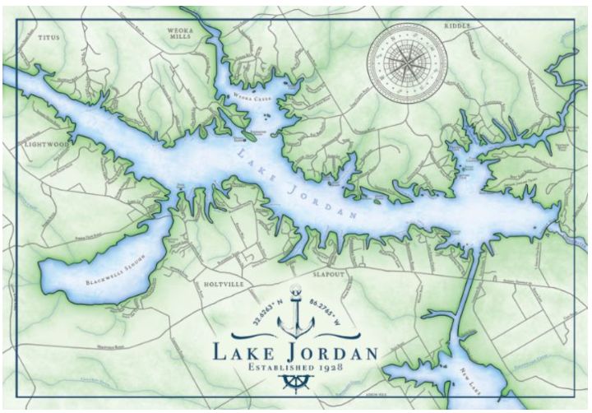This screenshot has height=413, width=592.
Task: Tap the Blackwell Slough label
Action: coord(115,269)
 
